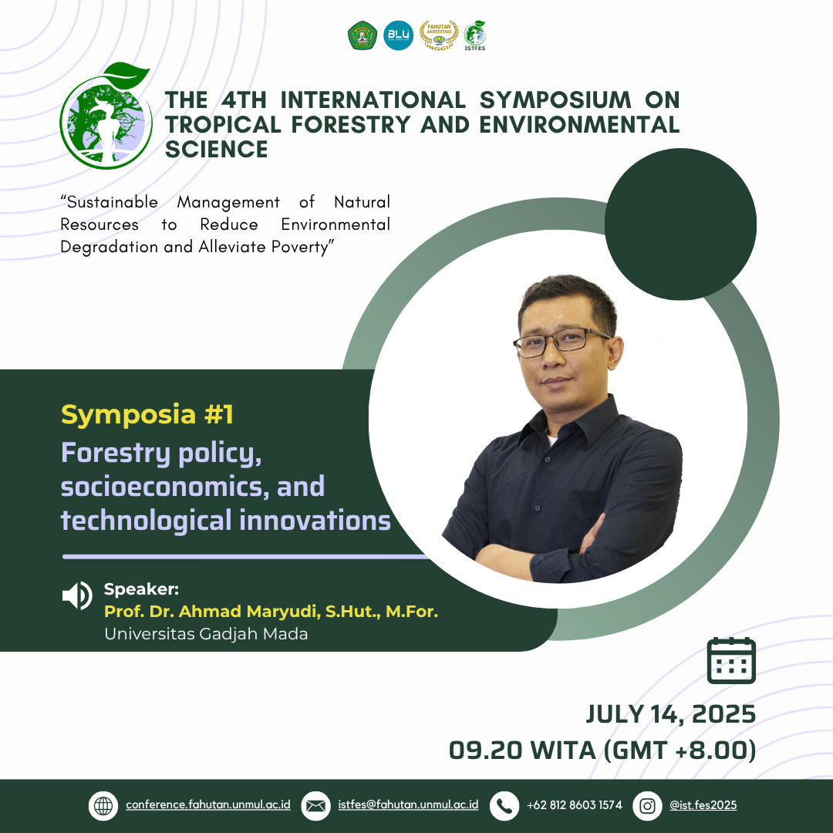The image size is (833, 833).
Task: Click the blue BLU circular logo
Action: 399,35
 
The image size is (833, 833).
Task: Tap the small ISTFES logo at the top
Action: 474,35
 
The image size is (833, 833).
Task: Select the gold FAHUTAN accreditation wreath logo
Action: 439,35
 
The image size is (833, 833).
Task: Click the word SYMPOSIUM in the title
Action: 555,99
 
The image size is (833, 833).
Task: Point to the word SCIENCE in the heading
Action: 216,150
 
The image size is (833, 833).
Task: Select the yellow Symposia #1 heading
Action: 147,414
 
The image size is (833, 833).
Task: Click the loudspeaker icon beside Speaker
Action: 78,595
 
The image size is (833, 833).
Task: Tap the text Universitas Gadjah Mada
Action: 206,634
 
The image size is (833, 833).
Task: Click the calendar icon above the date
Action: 731,660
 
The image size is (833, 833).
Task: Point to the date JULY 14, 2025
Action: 670,714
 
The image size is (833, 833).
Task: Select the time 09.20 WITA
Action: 522,750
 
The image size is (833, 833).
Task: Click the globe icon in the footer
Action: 103,806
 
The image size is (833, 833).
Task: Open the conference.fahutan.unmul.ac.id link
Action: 208,804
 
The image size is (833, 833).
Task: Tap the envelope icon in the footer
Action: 315,806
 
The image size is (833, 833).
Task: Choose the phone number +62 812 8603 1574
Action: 575,804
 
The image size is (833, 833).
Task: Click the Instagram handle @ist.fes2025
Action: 703,804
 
